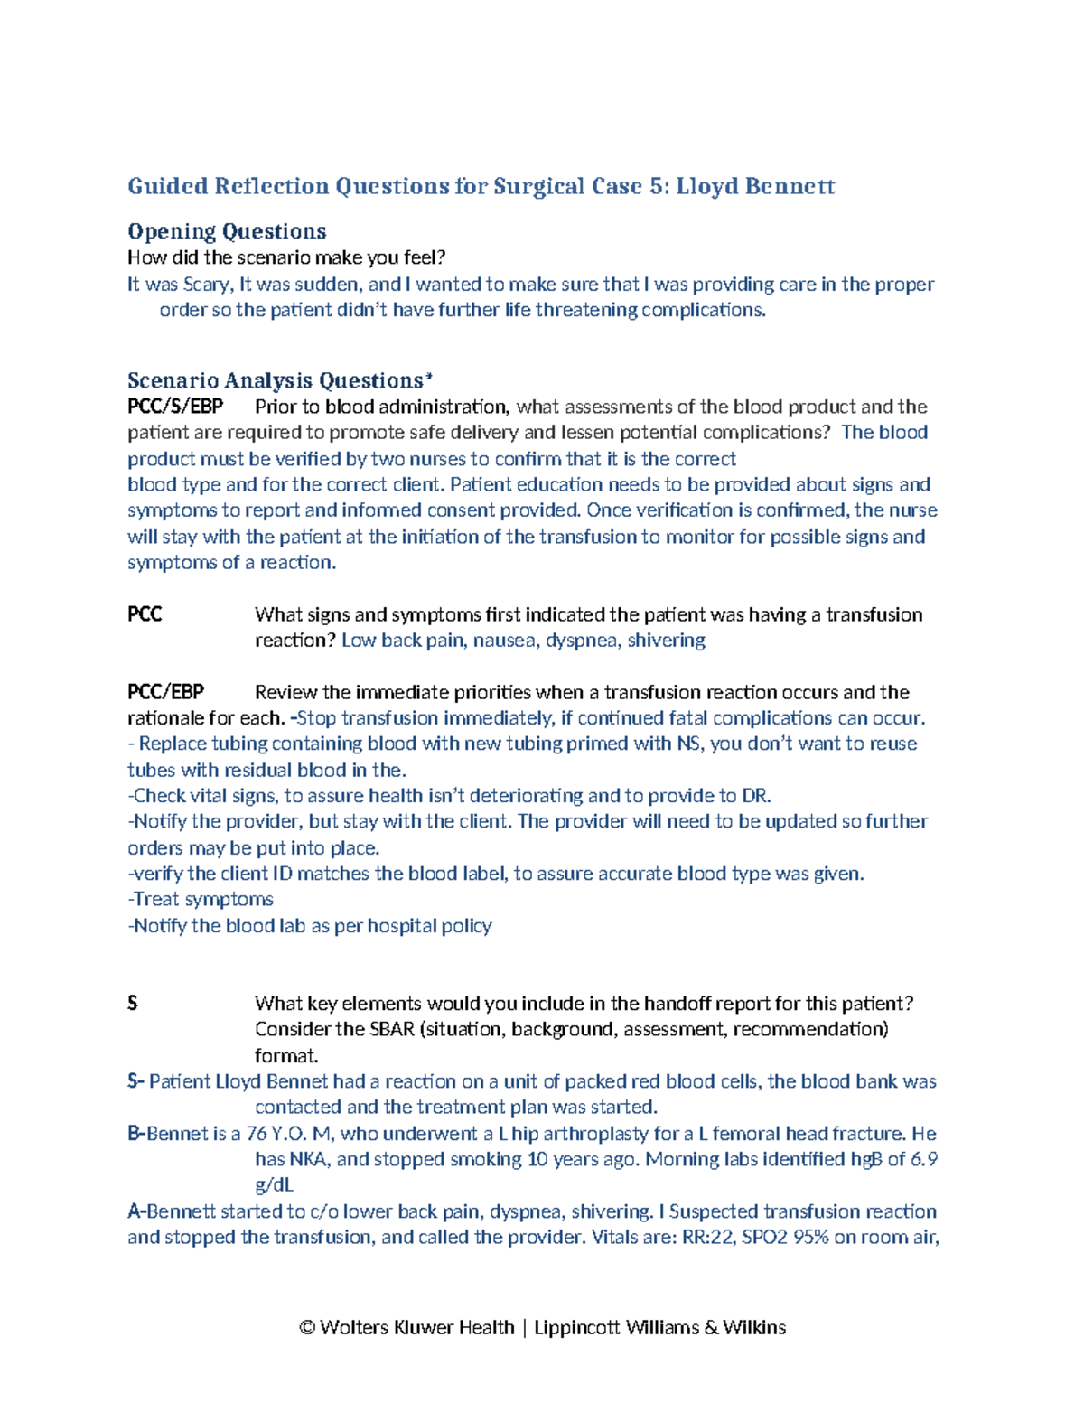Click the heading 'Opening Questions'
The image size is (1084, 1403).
click(227, 231)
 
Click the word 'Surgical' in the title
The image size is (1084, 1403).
click(538, 186)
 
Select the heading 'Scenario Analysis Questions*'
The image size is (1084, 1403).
click(280, 380)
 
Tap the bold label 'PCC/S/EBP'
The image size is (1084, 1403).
click(175, 407)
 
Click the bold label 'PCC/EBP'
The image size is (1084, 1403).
click(165, 692)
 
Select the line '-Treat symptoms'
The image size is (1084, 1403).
click(201, 899)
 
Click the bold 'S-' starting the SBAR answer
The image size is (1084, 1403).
click(135, 1081)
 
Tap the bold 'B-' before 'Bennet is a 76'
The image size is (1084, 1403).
click(136, 1134)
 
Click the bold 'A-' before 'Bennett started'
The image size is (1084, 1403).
click(136, 1211)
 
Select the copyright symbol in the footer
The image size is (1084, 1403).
click(307, 1327)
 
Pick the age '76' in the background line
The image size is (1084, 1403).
click(257, 1134)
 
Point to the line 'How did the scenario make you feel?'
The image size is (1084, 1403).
click(286, 257)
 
